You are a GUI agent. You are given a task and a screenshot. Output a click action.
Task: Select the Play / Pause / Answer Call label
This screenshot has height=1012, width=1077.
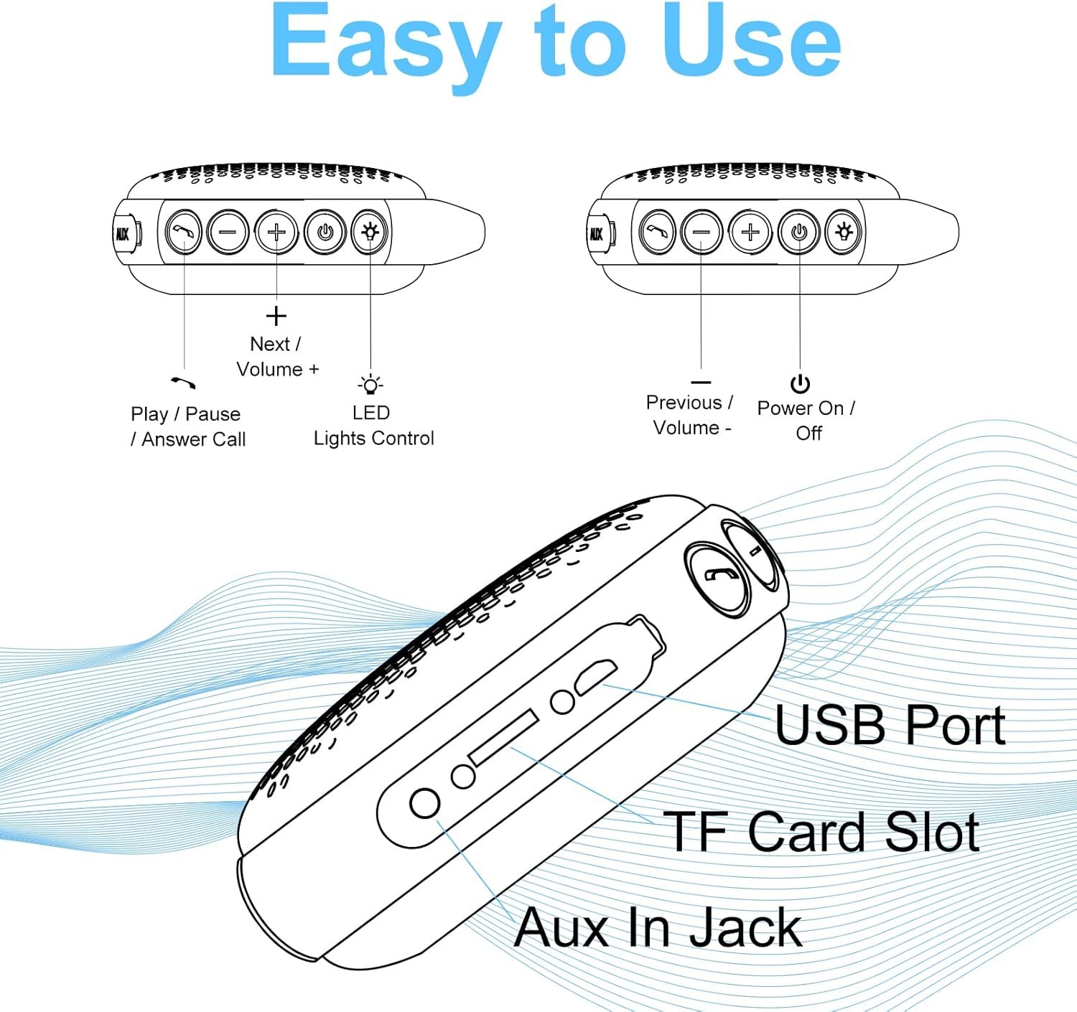pos(188,426)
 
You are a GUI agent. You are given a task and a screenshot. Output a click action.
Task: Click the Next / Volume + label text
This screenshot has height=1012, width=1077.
pos(277,356)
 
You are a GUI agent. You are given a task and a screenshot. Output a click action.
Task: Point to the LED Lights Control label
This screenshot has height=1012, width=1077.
pos(373,426)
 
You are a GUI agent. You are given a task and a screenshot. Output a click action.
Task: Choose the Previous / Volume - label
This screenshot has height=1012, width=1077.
pos(690,415)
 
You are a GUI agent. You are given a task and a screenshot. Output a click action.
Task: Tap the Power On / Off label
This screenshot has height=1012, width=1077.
pos(806,421)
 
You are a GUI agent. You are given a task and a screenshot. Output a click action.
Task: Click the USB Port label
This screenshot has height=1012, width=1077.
pos(890,725)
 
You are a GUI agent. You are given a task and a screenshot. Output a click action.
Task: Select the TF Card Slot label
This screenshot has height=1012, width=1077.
pos(821,832)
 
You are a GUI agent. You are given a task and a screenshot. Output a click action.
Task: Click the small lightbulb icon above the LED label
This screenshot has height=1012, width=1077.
pos(370,385)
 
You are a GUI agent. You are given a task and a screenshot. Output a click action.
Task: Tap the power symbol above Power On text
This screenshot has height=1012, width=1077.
pos(800,384)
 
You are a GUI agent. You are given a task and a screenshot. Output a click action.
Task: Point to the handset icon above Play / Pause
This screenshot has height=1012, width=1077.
pos(184,382)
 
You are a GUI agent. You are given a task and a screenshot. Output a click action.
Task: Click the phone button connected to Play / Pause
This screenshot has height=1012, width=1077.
pos(184,233)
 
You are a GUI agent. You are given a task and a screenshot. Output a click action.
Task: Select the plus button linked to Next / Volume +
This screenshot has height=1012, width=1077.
pos(276,233)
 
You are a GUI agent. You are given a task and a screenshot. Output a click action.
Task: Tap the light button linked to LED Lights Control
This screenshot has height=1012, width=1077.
pos(370,232)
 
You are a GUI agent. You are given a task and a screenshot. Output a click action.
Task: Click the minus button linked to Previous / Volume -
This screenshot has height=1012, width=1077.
pos(701,233)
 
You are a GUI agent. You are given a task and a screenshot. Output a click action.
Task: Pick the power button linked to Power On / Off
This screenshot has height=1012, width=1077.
pos(799,233)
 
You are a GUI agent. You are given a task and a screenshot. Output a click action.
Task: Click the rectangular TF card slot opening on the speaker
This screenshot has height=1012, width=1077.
pos(503,737)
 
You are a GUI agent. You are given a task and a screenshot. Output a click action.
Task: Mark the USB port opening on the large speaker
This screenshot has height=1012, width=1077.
pos(595,675)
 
